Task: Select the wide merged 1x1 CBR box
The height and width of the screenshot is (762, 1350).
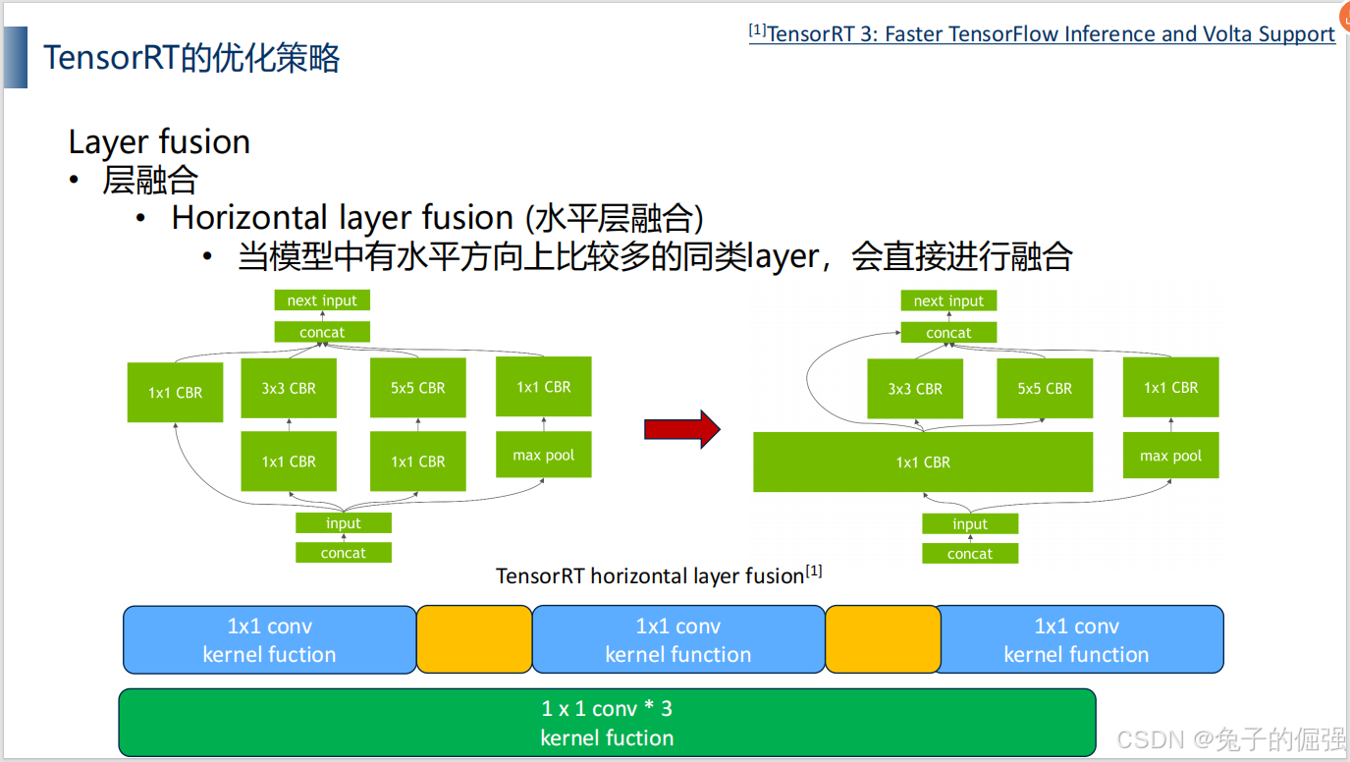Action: pyautogui.click(x=922, y=462)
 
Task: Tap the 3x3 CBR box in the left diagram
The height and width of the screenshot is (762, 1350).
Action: pyautogui.click(x=289, y=388)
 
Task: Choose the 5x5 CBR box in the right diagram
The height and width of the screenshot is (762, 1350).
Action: pyautogui.click(x=1045, y=388)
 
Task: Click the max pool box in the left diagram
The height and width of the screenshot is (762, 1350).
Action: pyautogui.click(x=543, y=455)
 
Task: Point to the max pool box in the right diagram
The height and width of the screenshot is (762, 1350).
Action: pyautogui.click(x=1170, y=456)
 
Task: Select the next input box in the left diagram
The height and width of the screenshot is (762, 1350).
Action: pyautogui.click(x=322, y=300)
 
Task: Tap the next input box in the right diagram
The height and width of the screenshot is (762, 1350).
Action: pyautogui.click(x=948, y=300)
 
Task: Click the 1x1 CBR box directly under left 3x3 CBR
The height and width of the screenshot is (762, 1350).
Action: pyautogui.click(x=289, y=462)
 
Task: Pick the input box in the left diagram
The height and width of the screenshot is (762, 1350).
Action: pyautogui.click(x=344, y=523)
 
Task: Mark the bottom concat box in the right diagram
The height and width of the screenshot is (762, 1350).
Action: pyautogui.click(x=970, y=554)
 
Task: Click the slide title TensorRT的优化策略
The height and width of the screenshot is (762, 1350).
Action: pyautogui.click(x=191, y=58)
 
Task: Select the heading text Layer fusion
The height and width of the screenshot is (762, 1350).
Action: pyautogui.click(x=159, y=141)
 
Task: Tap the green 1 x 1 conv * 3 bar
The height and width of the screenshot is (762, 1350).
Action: pyautogui.click(x=607, y=723)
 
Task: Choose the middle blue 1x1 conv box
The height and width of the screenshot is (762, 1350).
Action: pyautogui.click(x=677, y=639)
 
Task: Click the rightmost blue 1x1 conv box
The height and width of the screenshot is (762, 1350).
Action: pyautogui.click(x=1077, y=639)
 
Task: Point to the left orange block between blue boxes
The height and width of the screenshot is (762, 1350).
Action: pyautogui.click(x=474, y=639)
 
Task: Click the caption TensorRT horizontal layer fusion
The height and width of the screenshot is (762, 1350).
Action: pyautogui.click(x=650, y=575)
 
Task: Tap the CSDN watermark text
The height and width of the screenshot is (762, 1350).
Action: pyautogui.click(x=1229, y=738)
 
